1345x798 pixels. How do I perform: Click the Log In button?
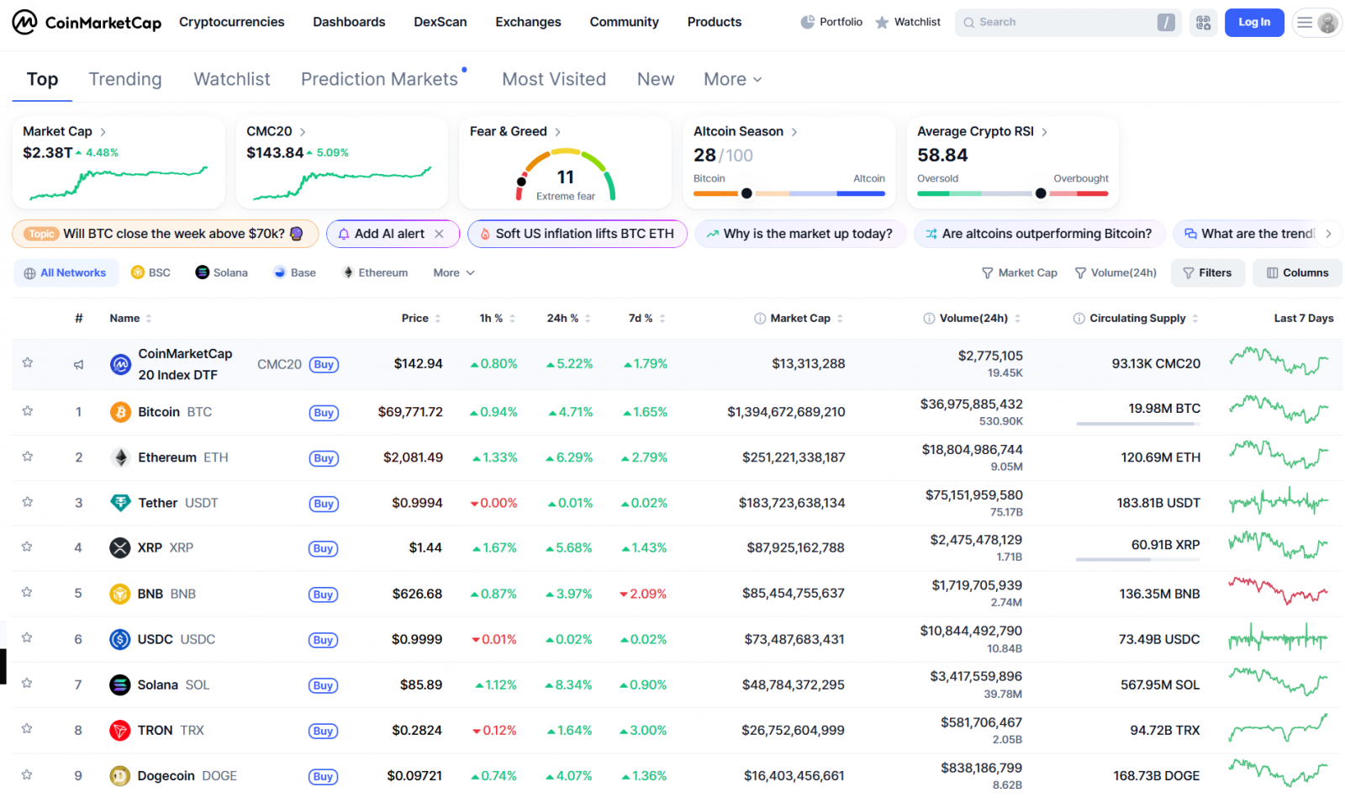(x=1253, y=23)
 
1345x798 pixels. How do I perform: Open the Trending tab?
(x=125, y=79)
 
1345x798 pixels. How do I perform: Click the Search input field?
(x=1059, y=23)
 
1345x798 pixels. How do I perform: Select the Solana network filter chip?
(x=222, y=272)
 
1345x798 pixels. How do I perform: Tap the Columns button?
(x=1297, y=272)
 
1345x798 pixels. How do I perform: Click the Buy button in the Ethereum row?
(x=324, y=458)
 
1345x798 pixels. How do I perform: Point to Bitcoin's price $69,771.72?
(x=410, y=412)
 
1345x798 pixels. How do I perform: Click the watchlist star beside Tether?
(x=28, y=502)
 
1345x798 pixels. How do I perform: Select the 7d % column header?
(x=641, y=318)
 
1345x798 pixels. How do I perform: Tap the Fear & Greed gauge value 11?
(x=566, y=177)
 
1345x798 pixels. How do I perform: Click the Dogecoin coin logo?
(x=120, y=775)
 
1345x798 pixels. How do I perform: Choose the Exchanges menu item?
(x=528, y=22)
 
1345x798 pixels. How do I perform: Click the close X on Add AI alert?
(x=439, y=234)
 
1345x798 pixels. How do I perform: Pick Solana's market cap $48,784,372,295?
(x=793, y=684)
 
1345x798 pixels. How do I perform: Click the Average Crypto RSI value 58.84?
(x=942, y=156)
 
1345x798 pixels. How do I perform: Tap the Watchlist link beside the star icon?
(x=916, y=22)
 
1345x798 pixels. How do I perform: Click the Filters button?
(x=1207, y=272)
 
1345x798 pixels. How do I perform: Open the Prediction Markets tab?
(x=379, y=79)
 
